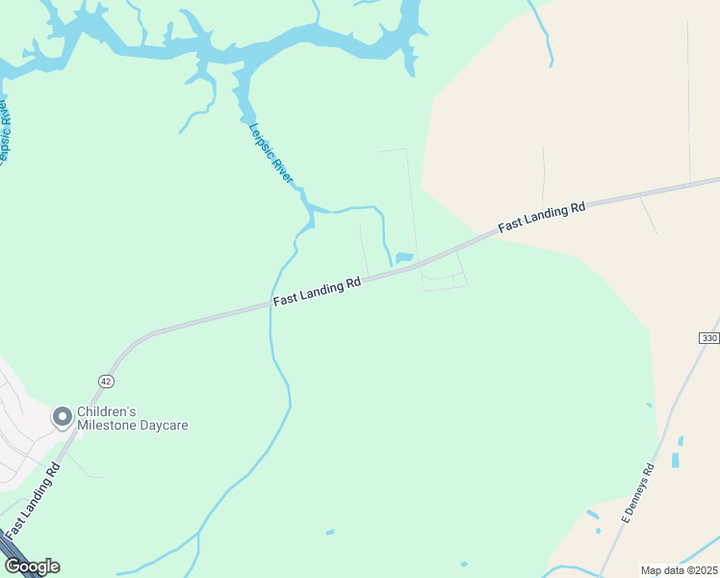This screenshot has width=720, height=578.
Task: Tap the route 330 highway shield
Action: pos(709,338)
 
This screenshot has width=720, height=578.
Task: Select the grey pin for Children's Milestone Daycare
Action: pos(63,417)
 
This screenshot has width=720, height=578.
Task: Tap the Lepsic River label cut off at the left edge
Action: pos(6,130)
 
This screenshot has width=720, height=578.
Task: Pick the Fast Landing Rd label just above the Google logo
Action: pos(32,502)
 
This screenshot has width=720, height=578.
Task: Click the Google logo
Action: pos(32,566)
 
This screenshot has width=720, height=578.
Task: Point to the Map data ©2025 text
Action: pos(678,569)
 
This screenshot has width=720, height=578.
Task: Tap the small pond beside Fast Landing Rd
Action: pos(404,257)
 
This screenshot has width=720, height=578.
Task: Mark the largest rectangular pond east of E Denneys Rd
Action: pos(675,460)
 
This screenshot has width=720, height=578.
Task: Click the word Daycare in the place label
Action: pos(165,425)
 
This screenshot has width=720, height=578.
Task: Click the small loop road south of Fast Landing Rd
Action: pos(444,281)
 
